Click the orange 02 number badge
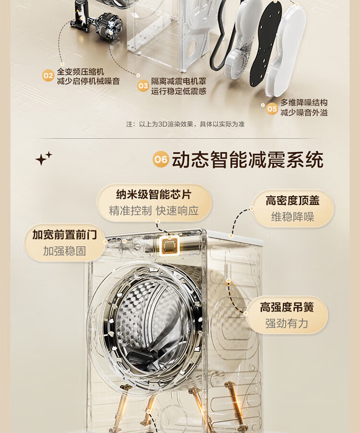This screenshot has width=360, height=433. pyautogui.click(x=48, y=76)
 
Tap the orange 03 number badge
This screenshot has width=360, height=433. pyautogui.click(x=143, y=85)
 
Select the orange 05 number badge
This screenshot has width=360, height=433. pyautogui.click(x=272, y=108)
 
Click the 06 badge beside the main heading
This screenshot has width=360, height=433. pyautogui.click(x=161, y=159)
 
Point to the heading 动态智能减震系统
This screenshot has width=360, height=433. pyautogui.click(x=248, y=159)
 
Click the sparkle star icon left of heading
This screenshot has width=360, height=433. pyautogui.click(x=44, y=158)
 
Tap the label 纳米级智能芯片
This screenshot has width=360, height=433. pyautogui.click(x=154, y=194)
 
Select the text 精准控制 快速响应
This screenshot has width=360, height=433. pyautogui.click(x=154, y=211)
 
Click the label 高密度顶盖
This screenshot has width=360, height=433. pyautogui.click(x=292, y=201)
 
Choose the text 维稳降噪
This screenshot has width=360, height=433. pyautogui.click(x=292, y=217)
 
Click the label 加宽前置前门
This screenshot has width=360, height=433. pyautogui.click(x=65, y=235)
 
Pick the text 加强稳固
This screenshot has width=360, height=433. pyautogui.click(x=64, y=251)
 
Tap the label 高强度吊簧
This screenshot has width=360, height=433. pyautogui.click(x=287, y=307)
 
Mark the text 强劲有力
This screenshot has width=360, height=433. pyautogui.click(x=287, y=324)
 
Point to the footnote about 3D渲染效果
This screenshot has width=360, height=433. pyautogui.click(x=185, y=124)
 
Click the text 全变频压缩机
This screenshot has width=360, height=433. pyautogui.click(x=80, y=72)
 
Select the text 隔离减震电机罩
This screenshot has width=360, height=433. pyautogui.click(x=179, y=82)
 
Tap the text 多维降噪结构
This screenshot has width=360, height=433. pyautogui.click(x=304, y=102)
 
